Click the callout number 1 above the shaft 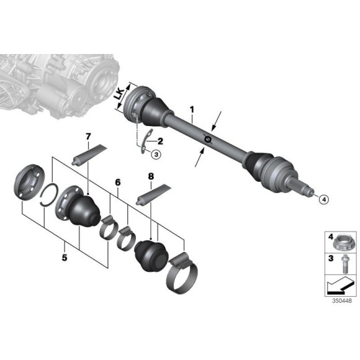click(x=192, y=111)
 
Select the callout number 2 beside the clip click(x=160, y=142)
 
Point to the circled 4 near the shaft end click(x=323, y=199)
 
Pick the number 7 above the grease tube click(x=89, y=136)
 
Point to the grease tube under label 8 click(x=153, y=194)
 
